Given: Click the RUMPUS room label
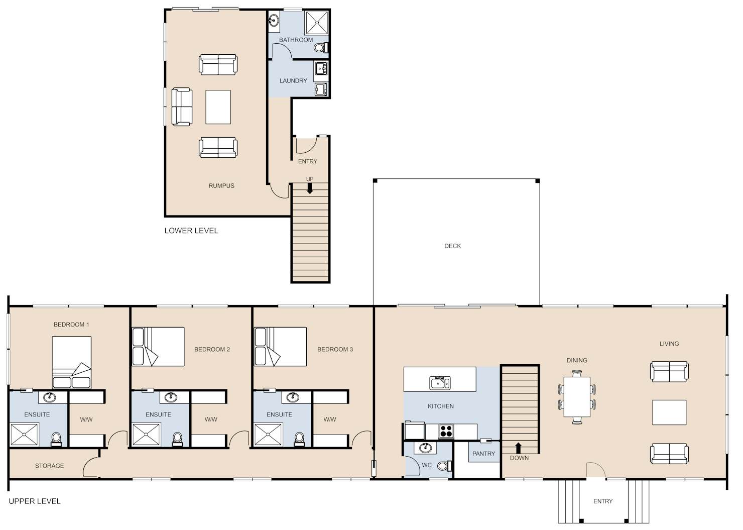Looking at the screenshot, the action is (x=221, y=186).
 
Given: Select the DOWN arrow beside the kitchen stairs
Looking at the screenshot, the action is (x=519, y=448).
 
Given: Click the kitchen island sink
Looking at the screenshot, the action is (x=440, y=383).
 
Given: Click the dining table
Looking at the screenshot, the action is (x=577, y=397).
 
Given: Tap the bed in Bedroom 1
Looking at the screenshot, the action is (x=72, y=362).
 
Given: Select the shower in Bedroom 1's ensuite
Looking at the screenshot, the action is (x=25, y=435).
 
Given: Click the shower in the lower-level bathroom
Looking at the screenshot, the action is (x=316, y=23).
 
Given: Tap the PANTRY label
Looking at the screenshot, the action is (x=483, y=454).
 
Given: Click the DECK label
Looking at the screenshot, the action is (x=452, y=246).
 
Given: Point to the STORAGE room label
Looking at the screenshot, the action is (x=49, y=466).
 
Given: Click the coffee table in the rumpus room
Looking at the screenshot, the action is (x=218, y=107).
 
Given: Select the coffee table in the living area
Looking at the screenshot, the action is (x=669, y=412).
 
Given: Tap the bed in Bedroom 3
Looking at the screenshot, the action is (x=280, y=347).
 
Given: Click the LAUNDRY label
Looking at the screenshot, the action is (x=293, y=81).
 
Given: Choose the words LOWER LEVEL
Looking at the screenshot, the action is (x=191, y=231).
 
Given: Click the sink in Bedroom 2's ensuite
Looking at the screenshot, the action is (x=171, y=396).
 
